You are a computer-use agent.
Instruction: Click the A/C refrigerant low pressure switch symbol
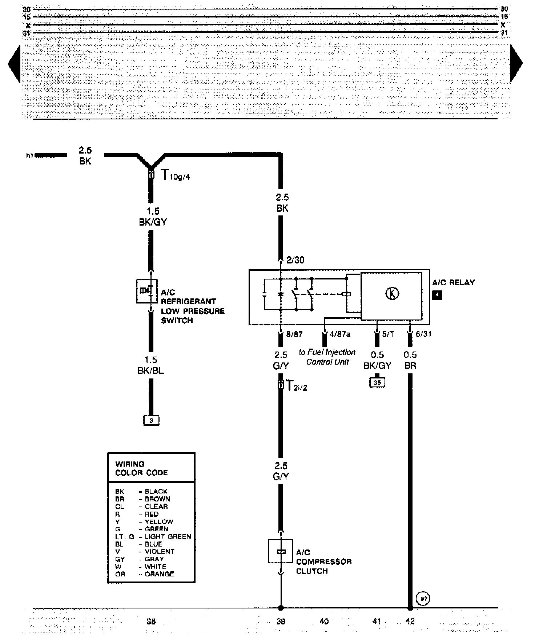click(147, 291)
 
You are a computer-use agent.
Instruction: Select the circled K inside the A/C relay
click(392, 293)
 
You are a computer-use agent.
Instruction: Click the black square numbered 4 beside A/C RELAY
click(437, 294)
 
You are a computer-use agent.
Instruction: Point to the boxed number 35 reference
click(377, 382)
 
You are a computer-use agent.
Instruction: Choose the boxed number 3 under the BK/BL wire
click(151, 421)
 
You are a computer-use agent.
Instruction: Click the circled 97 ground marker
click(423, 599)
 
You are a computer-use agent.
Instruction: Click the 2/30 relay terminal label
click(295, 260)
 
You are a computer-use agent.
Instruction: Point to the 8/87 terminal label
click(294, 334)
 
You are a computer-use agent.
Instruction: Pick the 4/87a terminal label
click(340, 334)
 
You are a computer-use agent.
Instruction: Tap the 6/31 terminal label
click(423, 334)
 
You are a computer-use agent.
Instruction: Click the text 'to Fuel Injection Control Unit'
click(327, 357)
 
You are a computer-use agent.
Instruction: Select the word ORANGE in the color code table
click(159, 574)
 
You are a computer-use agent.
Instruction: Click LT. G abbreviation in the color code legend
click(125, 537)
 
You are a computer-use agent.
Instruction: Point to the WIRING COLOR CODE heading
click(141, 468)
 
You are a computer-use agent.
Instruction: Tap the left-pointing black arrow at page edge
click(15, 64)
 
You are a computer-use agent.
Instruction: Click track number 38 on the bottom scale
click(151, 621)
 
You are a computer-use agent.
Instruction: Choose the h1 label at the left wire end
click(29, 156)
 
